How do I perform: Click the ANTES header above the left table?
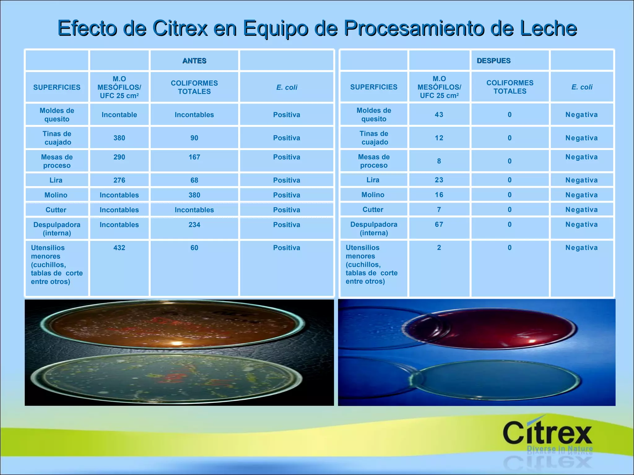click(x=194, y=61)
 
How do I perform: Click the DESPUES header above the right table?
click(x=493, y=61)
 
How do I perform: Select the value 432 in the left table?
click(x=119, y=248)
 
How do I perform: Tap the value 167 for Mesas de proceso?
click(x=194, y=157)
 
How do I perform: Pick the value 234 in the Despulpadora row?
click(x=194, y=225)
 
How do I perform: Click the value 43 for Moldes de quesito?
click(x=439, y=115)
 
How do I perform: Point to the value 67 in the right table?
click(x=439, y=225)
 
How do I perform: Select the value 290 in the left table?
click(x=119, y=157)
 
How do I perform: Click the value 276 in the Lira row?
click(x=119, y=180)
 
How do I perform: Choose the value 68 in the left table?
click(x=194, y=180)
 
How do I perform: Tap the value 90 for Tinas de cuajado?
click(x=194, y=138)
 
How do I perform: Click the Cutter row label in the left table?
click(x=56, y=210)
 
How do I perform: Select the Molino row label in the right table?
click(x=373, y=195)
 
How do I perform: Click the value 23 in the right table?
click(x=439, y=180)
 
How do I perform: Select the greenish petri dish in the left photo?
click(x=167, y=379)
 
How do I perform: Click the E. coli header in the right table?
click(x=582, y=87)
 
